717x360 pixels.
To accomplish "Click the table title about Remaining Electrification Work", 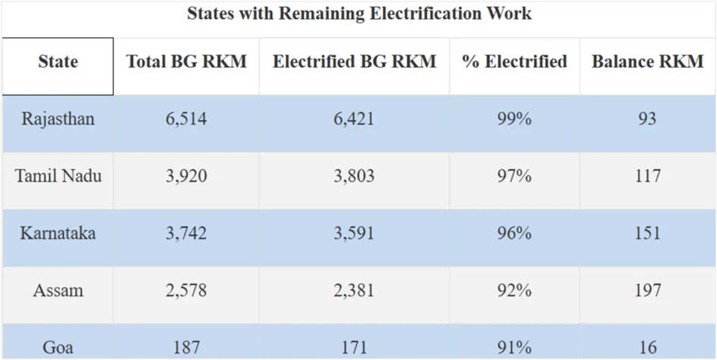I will [358, 14].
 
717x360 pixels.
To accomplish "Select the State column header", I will [58, 62].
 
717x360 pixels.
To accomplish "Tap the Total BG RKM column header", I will [186, 62].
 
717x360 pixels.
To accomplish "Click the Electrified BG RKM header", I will [354, 62].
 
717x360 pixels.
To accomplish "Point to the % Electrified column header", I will [514, 62].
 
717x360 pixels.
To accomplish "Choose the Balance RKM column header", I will [647, 62].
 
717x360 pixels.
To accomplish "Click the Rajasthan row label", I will [58, 119].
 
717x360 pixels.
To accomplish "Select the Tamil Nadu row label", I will [58, 176].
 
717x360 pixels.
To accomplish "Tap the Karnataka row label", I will [58, 233].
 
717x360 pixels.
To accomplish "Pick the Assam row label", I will [58, 290].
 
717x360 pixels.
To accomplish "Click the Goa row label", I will [58, 347].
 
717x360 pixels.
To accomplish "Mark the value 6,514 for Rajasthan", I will [186, 119].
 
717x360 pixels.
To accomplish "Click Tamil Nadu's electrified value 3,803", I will [354, 176].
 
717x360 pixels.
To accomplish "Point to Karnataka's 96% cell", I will [514, 233].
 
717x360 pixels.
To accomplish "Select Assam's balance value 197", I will [647, 290].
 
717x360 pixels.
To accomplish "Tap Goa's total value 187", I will [186, 347].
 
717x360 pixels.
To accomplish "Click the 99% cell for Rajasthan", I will [514, 119].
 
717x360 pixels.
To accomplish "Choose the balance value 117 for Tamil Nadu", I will [647, 176].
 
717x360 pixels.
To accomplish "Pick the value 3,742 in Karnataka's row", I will [186, 233].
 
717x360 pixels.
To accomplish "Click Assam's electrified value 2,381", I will [354, 290].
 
